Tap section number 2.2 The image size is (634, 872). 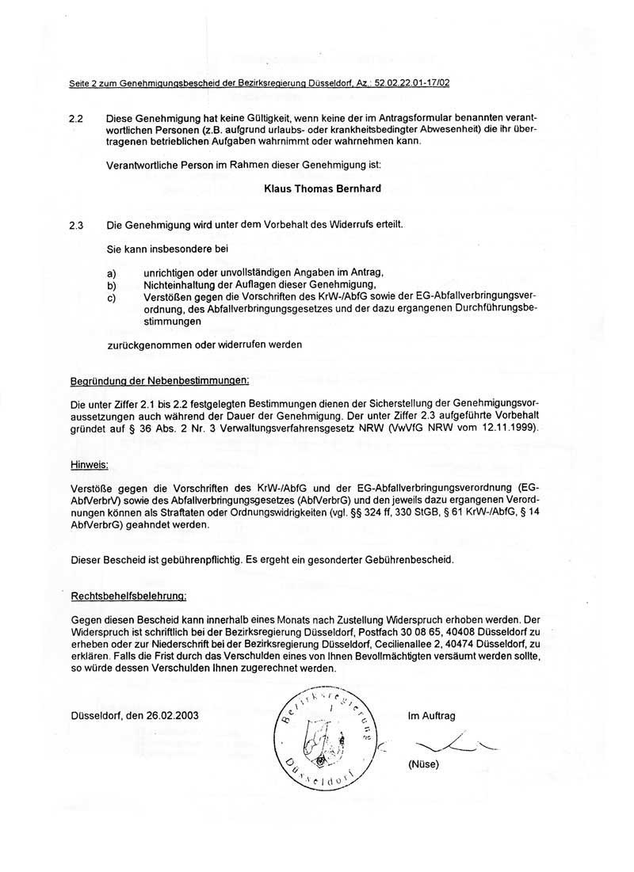pos(77,117)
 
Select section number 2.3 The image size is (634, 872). pos(77,224)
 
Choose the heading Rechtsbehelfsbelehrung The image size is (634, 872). pos(128,594)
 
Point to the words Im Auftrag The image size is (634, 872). pos(431,715)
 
